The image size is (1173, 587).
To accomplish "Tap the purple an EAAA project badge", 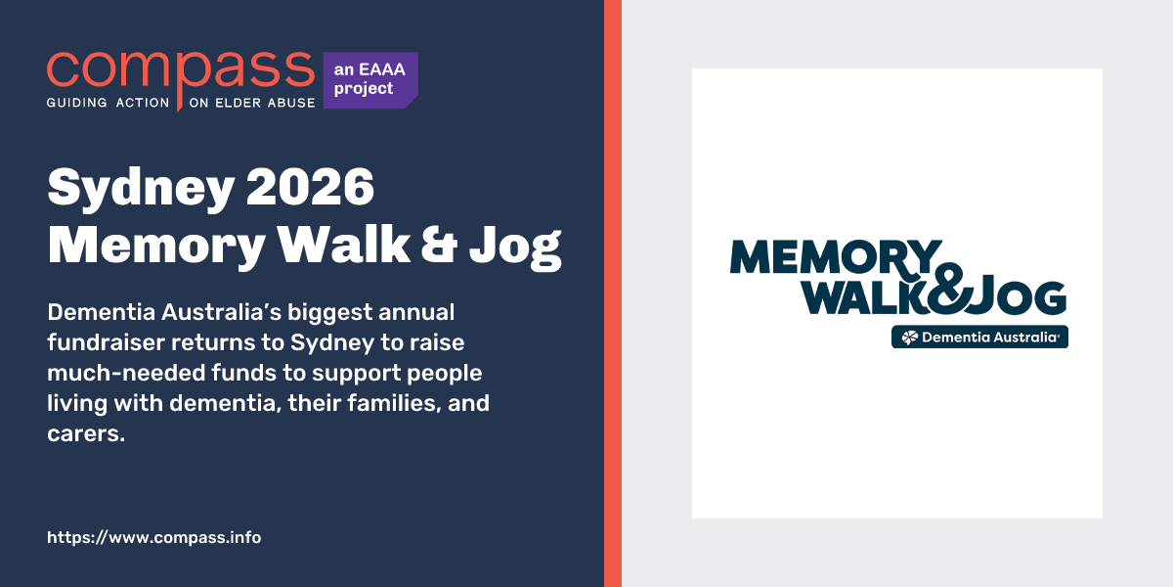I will click(369, 80).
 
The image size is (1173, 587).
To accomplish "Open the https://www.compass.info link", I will click(154, 538).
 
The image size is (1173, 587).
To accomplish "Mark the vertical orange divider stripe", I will click(613, 293).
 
